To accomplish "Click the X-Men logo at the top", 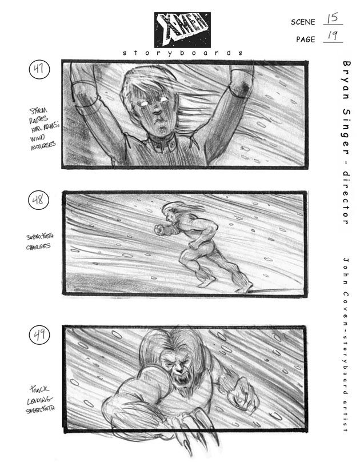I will point(182,29).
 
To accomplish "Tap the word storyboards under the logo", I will point(182,53).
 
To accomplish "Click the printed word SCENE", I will point(303,22).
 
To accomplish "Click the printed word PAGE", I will point(306,40).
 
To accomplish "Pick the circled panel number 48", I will point(39,201).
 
